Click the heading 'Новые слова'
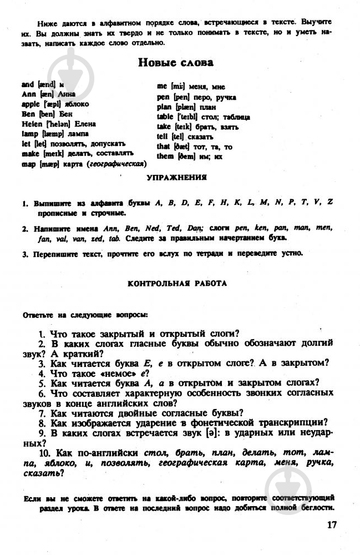tap(175, 63)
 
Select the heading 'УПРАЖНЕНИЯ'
tap(176, 178)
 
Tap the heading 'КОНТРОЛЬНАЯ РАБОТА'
tap(177, 283)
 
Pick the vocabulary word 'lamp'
tap(29, 134)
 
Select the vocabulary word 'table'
tap(165, 117)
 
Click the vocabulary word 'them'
tap(166, 157)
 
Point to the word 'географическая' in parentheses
tap(117, 164)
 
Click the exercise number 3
tap(26, 254)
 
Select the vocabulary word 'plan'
tap(165, 107)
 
